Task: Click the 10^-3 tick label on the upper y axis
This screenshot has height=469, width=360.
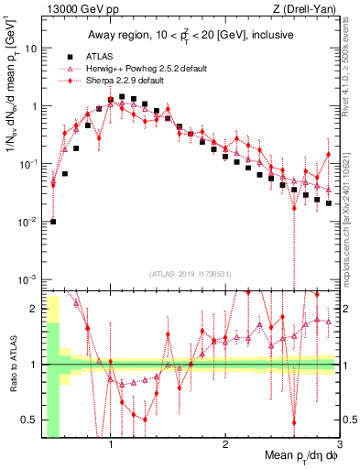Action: (27, 278)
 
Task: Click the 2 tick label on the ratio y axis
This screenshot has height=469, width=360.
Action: (34, 309)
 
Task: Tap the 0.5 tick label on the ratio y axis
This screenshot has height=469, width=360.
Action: (30, 420)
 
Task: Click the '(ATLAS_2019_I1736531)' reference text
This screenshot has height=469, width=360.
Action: (191, 274)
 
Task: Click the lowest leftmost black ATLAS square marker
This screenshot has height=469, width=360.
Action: (53, 221)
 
